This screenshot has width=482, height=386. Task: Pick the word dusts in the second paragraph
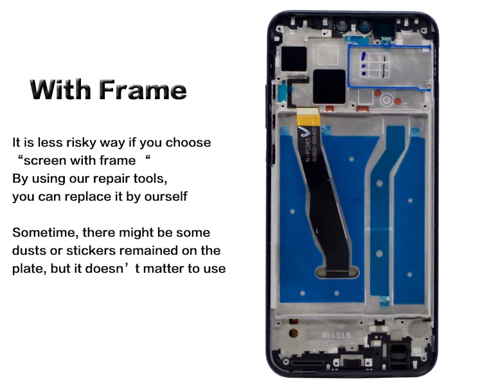coord(29,250)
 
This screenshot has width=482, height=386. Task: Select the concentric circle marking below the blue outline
coord(386,100)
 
